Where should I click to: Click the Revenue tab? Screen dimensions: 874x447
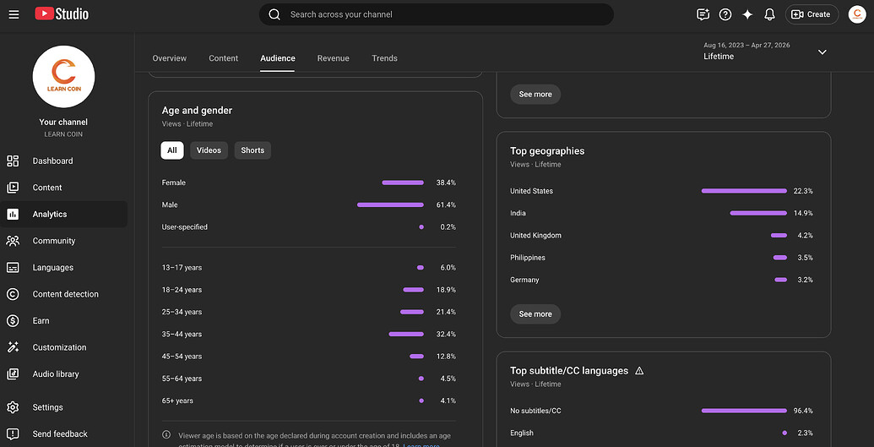point(334,58)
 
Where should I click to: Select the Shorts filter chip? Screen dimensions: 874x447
point(252,150)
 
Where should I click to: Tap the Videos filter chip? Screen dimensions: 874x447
point(209,150)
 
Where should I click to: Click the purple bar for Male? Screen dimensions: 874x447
point(390,204)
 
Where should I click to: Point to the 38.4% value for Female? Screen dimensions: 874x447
point(446,183)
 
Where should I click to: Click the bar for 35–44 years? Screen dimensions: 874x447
point(406,335)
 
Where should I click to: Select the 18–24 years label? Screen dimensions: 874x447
point(182,290)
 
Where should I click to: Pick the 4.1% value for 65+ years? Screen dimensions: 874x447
point(448,401)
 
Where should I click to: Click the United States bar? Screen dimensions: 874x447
point(744,191)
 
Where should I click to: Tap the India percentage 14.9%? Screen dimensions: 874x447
point(803,213)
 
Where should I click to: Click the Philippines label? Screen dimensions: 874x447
point(527,258)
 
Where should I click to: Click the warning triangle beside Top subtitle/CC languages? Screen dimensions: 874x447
point(639,371)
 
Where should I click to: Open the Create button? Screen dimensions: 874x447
point(812,14)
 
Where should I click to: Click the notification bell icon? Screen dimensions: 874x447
point(770,14)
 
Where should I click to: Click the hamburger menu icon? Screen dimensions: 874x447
point(14,14)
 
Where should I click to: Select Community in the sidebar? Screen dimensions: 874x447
point(53,241)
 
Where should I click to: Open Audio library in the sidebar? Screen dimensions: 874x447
point(56,373)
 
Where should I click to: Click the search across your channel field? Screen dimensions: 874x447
point(437,14)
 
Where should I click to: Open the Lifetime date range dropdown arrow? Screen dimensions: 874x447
point(822,52)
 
